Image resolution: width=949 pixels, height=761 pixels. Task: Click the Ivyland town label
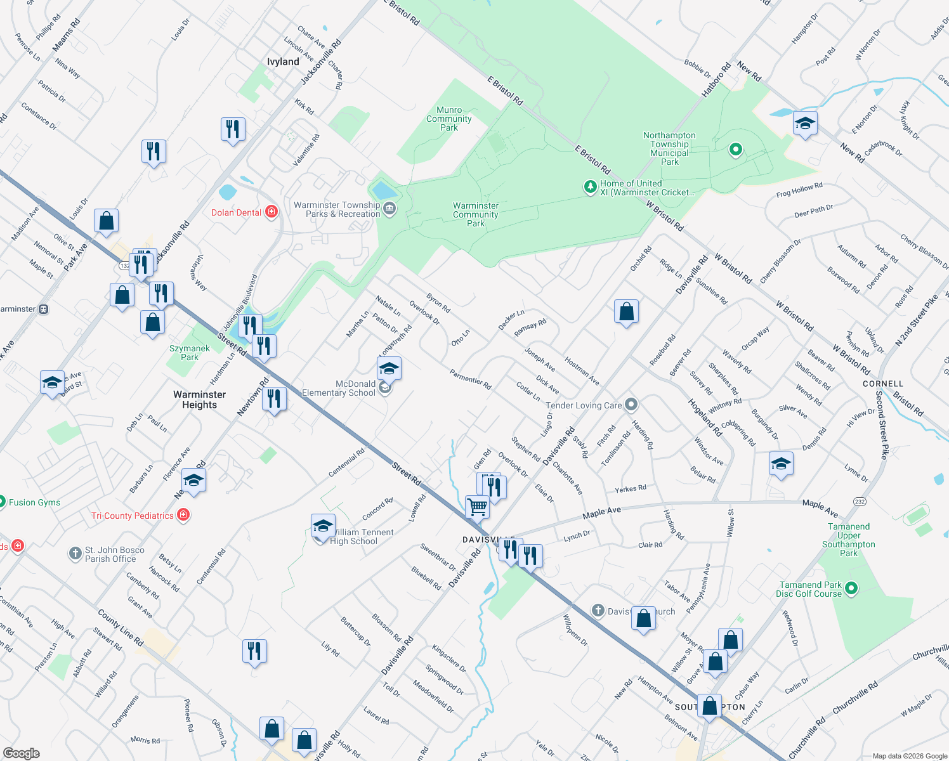tap(283, 62)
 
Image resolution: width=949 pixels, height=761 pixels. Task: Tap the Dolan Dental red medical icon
tap(272, 212)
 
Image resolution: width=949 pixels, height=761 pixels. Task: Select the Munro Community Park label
tap(449, 119)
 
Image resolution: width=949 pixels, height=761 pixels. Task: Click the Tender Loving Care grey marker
tap(631, 404)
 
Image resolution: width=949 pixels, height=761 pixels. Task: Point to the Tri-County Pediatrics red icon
tap(183, 515)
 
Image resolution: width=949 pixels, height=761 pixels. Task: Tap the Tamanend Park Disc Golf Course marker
tap(851, 589)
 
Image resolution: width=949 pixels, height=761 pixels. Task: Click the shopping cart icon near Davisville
tap(477, 507)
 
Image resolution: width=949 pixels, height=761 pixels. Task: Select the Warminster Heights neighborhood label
tap(199, 400)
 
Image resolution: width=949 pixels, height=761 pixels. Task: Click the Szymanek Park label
tap(190, 353)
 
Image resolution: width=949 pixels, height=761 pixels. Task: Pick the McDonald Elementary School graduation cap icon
tap(389, 368)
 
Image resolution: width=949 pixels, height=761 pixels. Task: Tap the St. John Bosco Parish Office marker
tap(75, 554)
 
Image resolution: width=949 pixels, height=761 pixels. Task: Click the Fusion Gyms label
tap(34, 502)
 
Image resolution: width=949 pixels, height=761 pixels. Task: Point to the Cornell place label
tap(883, 384)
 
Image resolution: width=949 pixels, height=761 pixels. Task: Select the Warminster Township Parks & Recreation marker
tap(389, 208)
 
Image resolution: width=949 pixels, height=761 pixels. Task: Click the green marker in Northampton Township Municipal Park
tap(736, 150)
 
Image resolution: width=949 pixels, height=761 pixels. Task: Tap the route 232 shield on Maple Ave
tap(860, 502)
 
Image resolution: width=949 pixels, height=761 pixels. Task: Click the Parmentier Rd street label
tap(470, 379)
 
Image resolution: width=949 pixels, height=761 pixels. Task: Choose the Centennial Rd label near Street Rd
tap(346, 463)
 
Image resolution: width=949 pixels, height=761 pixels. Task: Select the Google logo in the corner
tap(21, 753)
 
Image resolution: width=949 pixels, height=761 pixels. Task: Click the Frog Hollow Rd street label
tap(799, 190)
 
